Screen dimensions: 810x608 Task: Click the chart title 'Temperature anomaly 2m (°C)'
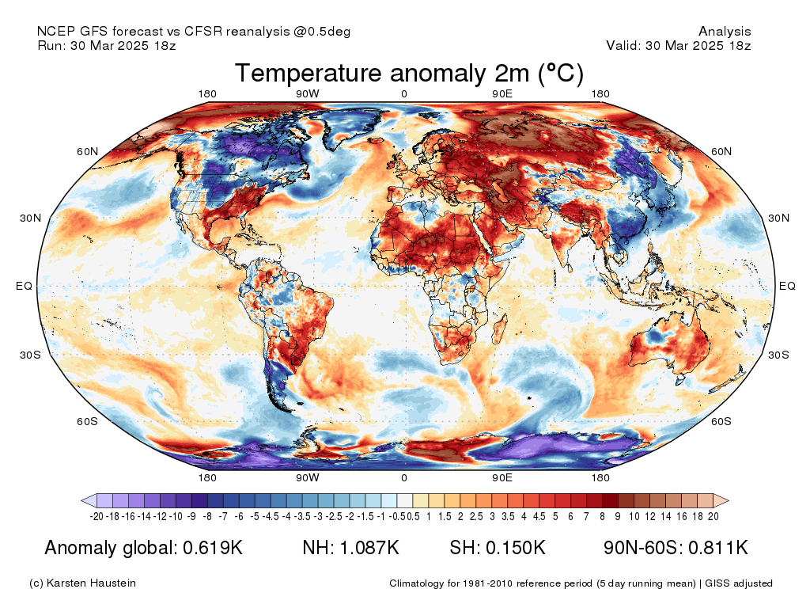[409, 73]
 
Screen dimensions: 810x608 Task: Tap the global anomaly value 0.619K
[213, 548]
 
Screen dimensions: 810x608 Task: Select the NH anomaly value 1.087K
[369, 548]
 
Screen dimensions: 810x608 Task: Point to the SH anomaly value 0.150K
[516, 548]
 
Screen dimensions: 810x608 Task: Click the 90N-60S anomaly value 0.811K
[718, 548]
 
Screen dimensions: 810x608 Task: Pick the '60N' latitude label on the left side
[87, 151]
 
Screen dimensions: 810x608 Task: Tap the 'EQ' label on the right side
[787, 286]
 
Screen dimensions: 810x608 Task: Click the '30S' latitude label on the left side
[31, 355]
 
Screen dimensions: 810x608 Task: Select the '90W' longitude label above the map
[308, 93]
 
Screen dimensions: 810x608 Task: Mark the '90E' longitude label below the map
[502, 477]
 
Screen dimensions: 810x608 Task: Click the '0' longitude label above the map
[404, 93]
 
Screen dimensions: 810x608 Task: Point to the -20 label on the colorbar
[97, 516]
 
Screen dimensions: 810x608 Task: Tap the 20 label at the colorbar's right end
[713, 516]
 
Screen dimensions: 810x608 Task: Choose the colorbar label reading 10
[634, 516]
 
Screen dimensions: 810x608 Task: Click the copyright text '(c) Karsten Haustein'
[82, 583]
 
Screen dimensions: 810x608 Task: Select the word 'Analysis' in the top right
[725, 32]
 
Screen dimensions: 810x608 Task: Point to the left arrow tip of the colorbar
[81, 500]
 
